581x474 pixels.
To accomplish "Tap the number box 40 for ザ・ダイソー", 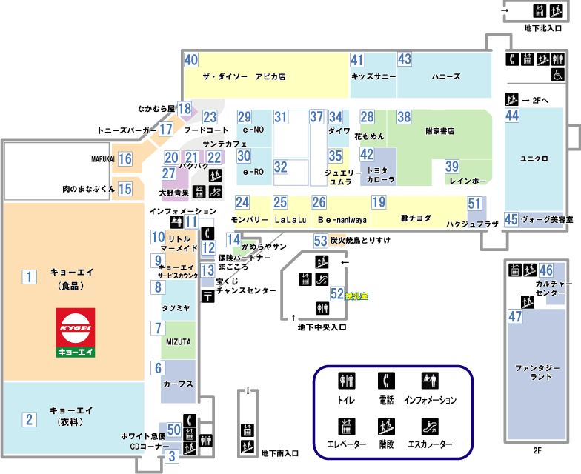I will point(191,61).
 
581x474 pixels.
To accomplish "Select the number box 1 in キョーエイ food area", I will point(29,277).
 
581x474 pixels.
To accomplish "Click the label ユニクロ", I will point(534,158).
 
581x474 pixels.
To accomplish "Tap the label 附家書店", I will point(439,131).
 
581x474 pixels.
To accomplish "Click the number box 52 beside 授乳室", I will point(337,294).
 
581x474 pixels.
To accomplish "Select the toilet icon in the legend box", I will point(347,381).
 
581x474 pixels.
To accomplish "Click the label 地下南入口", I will point(280,453).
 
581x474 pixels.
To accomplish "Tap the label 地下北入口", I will point(542,29).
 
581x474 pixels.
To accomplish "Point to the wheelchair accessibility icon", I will point(557,74).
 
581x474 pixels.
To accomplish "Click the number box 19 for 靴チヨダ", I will point(379,202).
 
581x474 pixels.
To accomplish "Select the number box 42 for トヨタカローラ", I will point(367,155).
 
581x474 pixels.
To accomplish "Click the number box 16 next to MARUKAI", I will point(124,158).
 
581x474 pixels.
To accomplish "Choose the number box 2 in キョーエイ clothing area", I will point(29,420).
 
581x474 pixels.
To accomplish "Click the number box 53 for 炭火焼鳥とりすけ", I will point(320,240).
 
